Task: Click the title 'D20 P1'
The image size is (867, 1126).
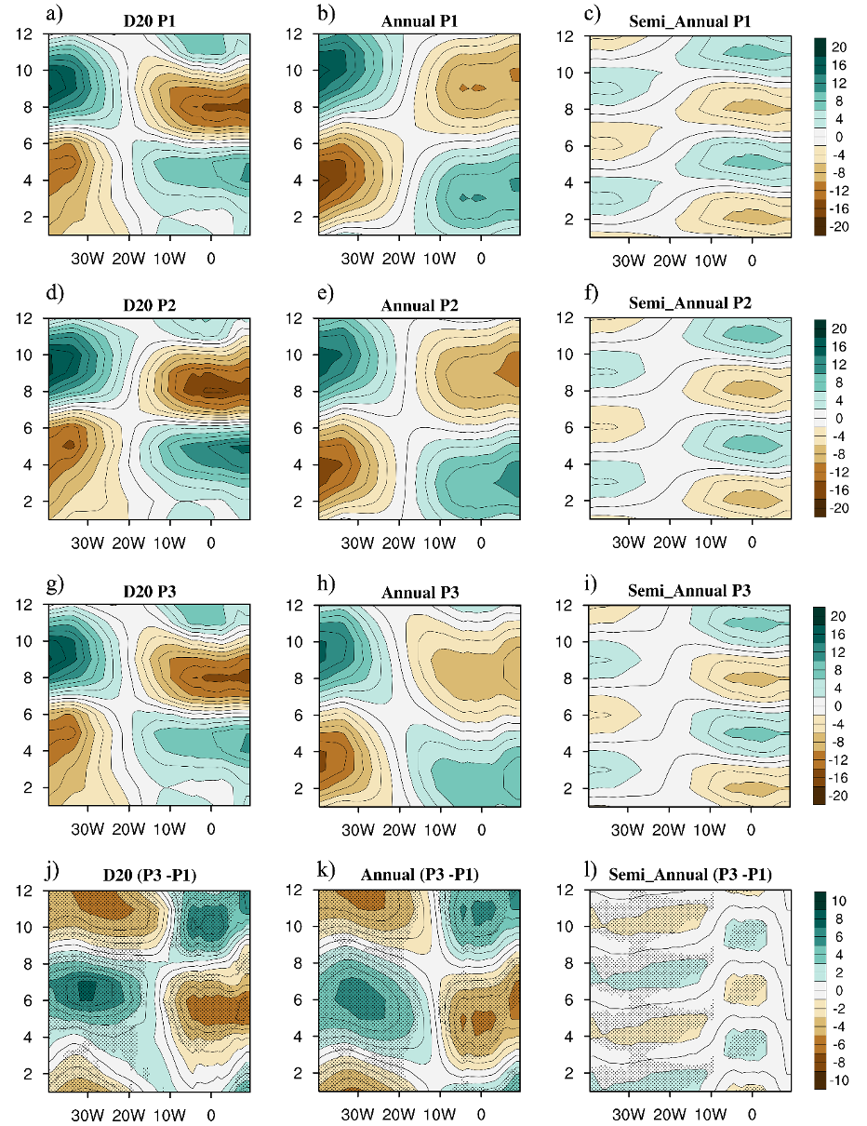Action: coord(152,19)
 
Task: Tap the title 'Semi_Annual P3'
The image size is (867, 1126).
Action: coord(691,589)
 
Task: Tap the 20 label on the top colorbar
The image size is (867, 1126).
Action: coord(840,46)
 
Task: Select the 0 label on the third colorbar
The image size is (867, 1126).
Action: coord(836,705)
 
